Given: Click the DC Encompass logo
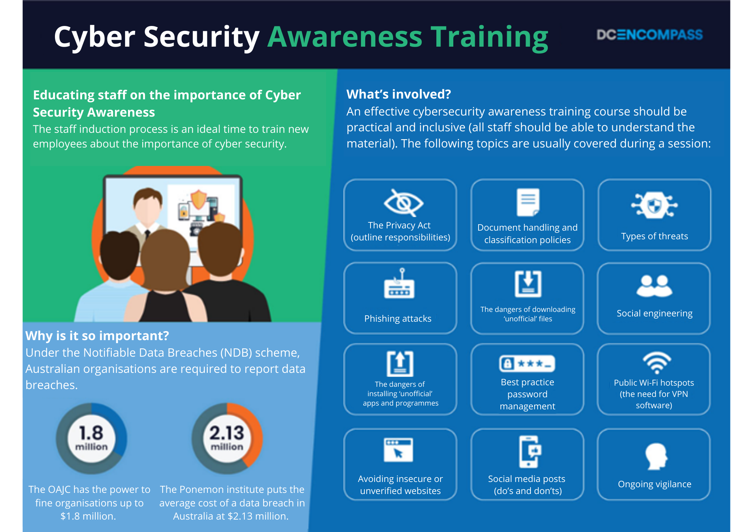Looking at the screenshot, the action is click(x=649, y=35).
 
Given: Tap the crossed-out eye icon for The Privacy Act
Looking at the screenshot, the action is click(x=403, y=203).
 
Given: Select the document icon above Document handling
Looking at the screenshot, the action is click(x=528, y=202).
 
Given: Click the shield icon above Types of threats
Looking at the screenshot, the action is click(x=654, y=205).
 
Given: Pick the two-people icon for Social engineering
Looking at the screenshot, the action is click(x=654, y=286).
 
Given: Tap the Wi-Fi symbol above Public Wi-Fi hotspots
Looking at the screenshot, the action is click(x=657, y=362).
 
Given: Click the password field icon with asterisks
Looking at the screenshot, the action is click(x=527, y=363).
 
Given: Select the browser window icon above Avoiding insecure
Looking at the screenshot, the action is click(x=398, y=450).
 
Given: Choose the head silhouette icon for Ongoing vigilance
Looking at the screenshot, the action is click(x=656, y=456).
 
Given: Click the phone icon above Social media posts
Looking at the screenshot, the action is click(x=529, y=451).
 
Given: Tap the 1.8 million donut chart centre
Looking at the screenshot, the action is click(x=91, y=438).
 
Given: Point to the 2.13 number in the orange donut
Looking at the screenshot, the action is click(x=227, y=433).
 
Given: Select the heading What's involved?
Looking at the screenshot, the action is click(x=399, y=94).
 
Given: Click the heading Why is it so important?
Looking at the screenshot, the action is click(x=97, y=336).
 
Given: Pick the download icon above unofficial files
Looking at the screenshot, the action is click(x=528, y=283).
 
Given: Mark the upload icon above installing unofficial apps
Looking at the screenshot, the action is click(x=400, y=363).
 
